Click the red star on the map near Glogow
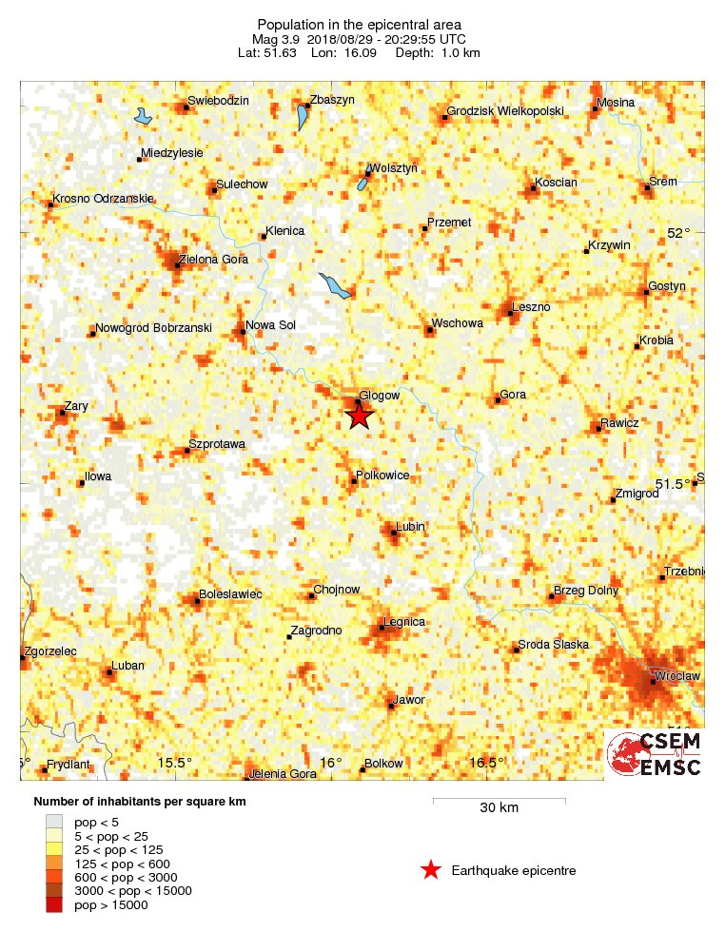coord(358,416)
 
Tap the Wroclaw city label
coord(676,676)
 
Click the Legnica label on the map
coord(403,622)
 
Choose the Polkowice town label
coord(382,475)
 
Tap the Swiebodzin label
coord(219,101)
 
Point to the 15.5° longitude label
coord(175,763)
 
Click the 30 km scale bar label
coord(499,808)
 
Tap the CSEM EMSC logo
coord(656,754)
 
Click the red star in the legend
coord(431,869)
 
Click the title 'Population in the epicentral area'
coord(359,24)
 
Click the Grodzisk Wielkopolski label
coord(505,111)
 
